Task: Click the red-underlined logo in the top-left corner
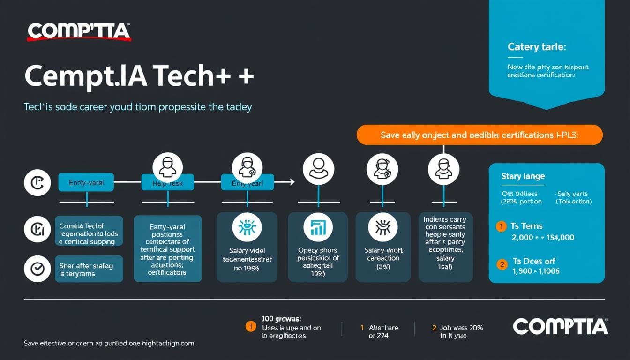(78, 31)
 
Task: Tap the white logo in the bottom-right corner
(560, 326)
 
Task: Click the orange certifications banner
(480, 135)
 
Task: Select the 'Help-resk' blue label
(167, 183)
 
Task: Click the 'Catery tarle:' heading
(537, 47)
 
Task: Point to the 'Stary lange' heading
(523, 176)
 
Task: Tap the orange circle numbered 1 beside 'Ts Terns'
(501, 226)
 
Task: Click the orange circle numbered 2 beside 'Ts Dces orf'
(502, 264)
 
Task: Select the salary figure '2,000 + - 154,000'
(543, 237)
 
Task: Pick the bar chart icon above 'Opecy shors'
(318, 227)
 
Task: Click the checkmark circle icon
(37, 269)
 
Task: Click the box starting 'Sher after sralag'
(89, 269)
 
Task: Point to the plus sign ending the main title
(246, 76)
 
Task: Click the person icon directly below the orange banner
(443, 168)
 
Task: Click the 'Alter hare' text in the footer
(383, 328)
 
